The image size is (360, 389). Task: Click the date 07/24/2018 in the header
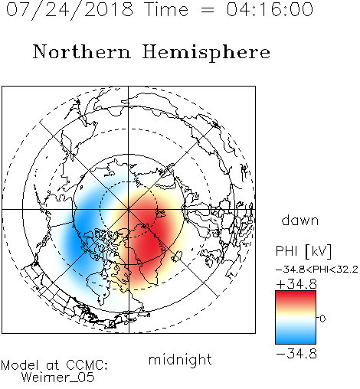click(x=70, y=10)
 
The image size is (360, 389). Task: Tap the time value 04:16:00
click(x=270, y=9)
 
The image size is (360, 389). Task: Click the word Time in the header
click(x=166, y=9)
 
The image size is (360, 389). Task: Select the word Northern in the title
click(x=82, y=51)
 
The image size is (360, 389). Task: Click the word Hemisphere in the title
click(x=206, y=53)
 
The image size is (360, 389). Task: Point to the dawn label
click(x=300, y=220)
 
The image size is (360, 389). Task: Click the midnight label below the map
click(x=180, y=360)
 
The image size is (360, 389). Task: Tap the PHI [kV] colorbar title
click(x=303, y=251)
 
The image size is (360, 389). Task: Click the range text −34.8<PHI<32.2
click(x=317, y=270)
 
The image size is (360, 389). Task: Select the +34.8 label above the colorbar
click(x=296, y=284)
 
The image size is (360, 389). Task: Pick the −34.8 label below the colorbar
click(x=296, y=354)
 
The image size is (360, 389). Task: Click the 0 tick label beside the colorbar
click(x=322, y=319)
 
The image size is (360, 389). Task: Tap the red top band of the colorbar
click(x=296, y=297)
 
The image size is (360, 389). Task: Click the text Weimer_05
click(x=58, y=377)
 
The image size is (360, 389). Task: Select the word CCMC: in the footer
click(x=87, y=365)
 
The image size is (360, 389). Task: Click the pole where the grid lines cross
click(x=129, y=209)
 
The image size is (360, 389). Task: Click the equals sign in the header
click(x=208, y=11)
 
